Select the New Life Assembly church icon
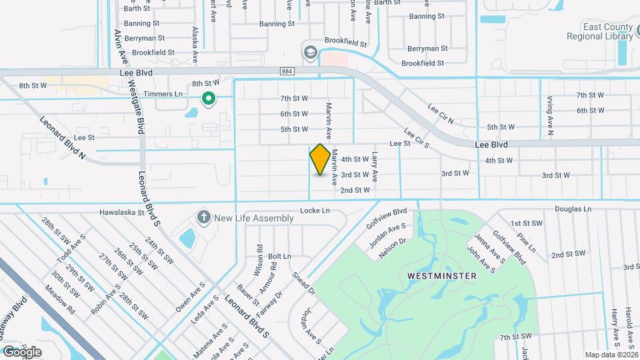point(204,217)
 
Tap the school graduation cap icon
point(310,52)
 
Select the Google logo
point(23,351)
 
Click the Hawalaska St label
point(122,213)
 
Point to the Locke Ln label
point(315,210)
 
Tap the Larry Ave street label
point(375,167)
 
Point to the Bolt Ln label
point(279,256)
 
